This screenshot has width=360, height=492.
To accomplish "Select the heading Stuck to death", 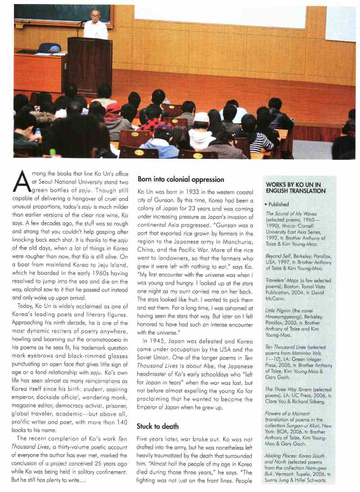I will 157,426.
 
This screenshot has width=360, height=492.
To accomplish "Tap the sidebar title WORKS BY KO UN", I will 296,188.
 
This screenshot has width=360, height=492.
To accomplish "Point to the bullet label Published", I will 279,204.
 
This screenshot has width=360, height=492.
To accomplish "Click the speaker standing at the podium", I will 95,25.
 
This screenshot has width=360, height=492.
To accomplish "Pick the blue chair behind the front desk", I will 49,47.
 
